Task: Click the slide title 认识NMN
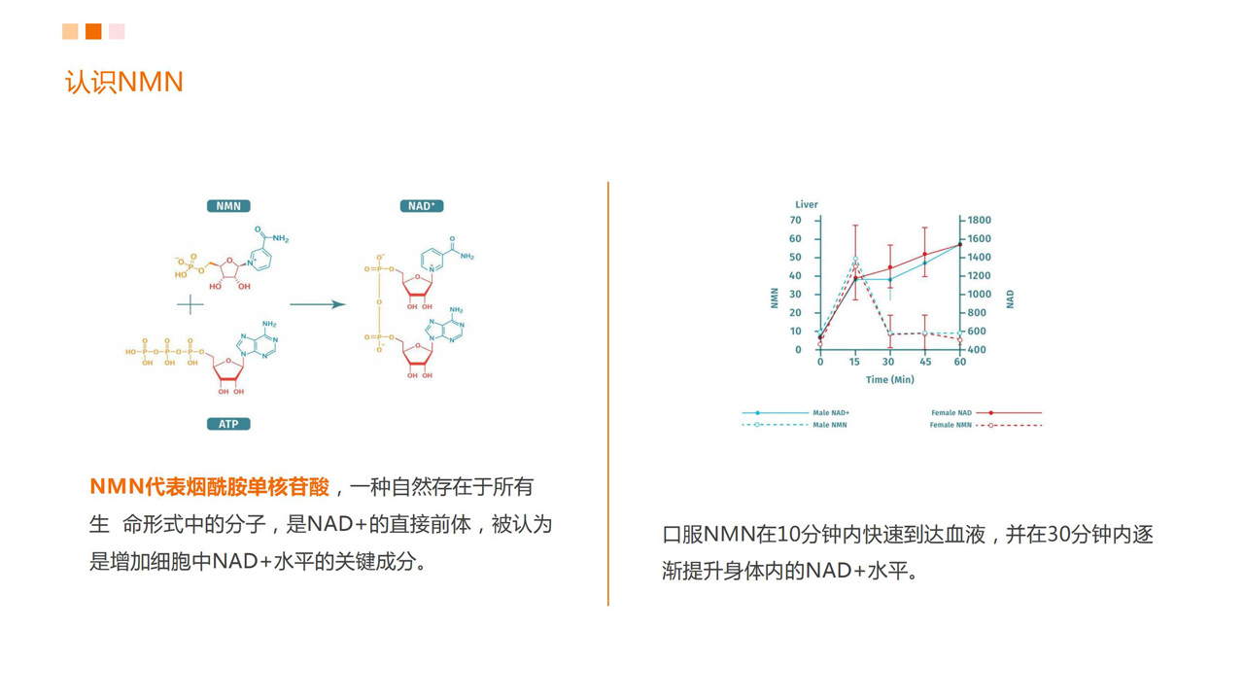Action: [x=123, y=82]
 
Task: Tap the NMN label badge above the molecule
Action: [x=228, y=206]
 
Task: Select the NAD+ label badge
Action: [x=422, y=206]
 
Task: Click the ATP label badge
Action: [x=228, y=424]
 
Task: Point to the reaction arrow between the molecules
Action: [x=317, y=304]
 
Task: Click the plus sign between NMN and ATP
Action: [x=190, y=304]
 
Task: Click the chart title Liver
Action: [x=807, y=204]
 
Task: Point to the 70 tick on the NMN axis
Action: [x=796, y=220]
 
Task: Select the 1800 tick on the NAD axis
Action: [x=979, y=220]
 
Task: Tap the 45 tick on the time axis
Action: [x=925, y=362]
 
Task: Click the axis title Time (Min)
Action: [x=889, y=379]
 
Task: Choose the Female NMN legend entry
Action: [x=985, y=425]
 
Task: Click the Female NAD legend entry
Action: [x=986, y=413]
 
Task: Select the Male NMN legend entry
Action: [x=795, y=425]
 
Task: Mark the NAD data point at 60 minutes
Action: [x=959, y=244]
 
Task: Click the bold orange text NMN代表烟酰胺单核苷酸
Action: [x=210, y=487]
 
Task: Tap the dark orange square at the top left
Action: [x=93, y=32]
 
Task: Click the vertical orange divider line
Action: [x=608, y=394]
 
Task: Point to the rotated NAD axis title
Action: [x=1010, y=298]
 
